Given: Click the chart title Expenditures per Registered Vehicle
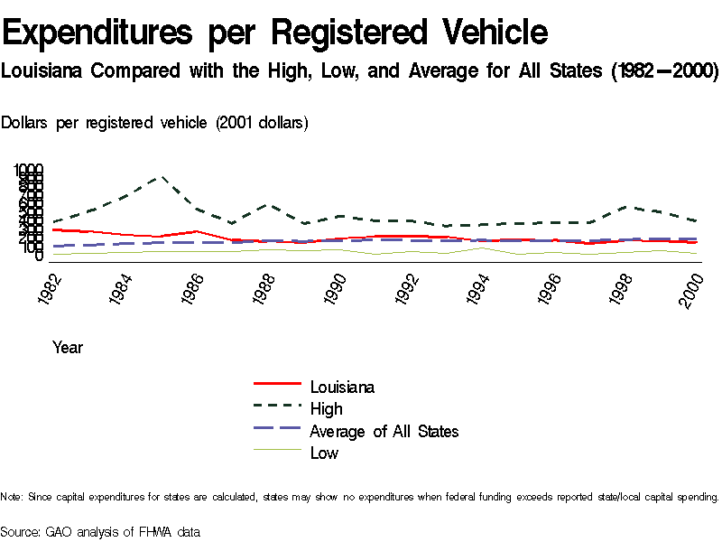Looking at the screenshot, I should pos(275,33).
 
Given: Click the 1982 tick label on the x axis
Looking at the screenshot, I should pos(51,288).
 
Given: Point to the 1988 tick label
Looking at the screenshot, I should pos(265,288).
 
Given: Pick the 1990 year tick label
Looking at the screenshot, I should pos(337,288).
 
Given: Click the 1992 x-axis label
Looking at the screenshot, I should pos(408,288).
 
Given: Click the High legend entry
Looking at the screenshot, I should pos(326,409).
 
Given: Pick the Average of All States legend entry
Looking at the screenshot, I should pos(384,431).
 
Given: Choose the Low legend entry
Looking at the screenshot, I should pos(324,453).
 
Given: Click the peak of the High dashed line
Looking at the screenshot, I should pos(162,177).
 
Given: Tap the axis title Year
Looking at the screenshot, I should pos(68,347).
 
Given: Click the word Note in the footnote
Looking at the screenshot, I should pos(11,497).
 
